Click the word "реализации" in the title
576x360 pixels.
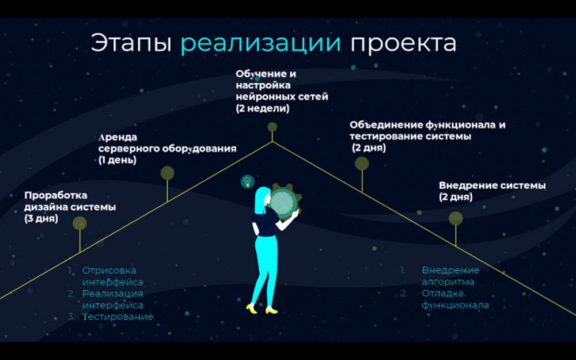coord(260,43)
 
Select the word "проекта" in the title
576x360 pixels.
coord(403,43)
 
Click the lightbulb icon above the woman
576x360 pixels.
coord(248,181)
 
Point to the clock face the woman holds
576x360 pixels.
coord(283,202)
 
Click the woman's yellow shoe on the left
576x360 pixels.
coord(252,308)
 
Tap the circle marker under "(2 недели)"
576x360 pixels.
coord(272,127)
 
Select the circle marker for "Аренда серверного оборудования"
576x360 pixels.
coord(167,173)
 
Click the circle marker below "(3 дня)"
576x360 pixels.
coord(79,223)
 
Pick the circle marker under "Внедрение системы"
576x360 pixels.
coord(456,218)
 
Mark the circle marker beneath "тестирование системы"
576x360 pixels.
coord(362,164)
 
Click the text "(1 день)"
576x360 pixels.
coord(118,160)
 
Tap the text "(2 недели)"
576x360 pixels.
coord(263,108)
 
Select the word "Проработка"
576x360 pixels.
coord(56,195)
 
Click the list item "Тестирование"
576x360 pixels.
coord(118,317)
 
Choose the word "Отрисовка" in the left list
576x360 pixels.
coord(109,271)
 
